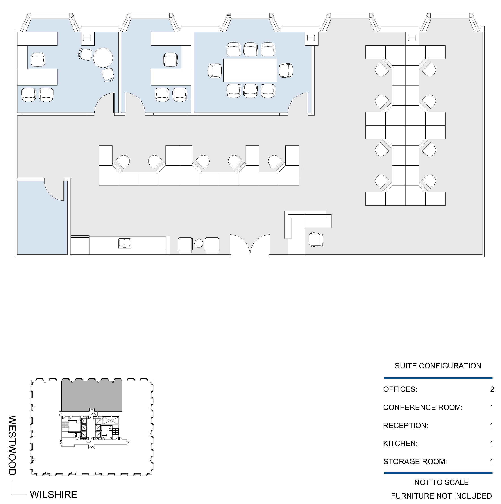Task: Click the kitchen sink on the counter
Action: point(125,243)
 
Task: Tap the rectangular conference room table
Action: point(250,70)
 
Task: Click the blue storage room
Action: point(42,217)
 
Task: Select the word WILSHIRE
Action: point(53,494)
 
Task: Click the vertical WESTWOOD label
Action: point(12,445)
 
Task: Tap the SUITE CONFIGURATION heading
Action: point(438,366)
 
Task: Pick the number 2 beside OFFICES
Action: point(492,389)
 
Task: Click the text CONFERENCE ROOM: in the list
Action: point(422,407)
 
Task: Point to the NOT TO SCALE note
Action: point(441,482)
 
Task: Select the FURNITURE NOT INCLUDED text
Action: point(441,496)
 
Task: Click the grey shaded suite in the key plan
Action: point(91,395)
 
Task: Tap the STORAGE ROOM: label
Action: point(415,461)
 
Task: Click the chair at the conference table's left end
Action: point(215,70)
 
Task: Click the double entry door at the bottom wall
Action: point(250,244)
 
